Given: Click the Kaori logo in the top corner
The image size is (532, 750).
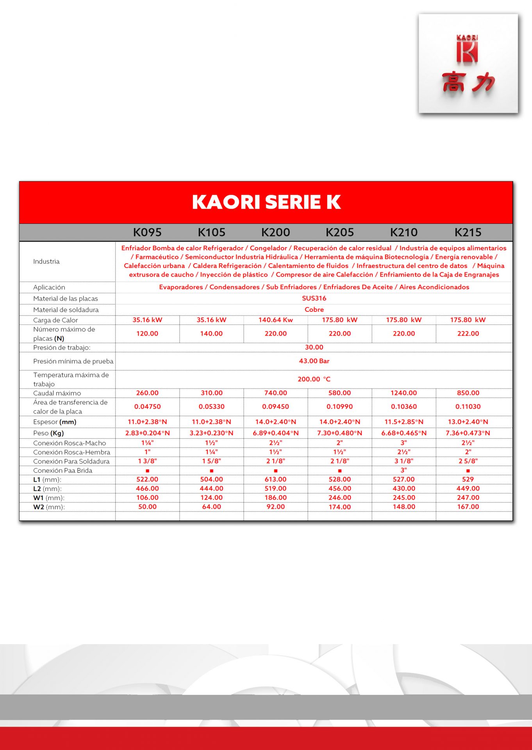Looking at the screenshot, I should [468, 64].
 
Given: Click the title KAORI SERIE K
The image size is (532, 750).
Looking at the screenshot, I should [266, 202].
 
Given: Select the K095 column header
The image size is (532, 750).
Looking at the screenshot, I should [147, 232].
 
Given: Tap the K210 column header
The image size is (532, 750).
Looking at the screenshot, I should [403, 232].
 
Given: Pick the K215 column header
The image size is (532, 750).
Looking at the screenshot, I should [468, 232].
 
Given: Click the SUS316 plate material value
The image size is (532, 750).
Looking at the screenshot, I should [314, 298].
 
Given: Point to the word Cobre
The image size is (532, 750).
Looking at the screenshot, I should [314, 309].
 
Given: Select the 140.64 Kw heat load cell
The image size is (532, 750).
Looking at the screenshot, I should [275, 320].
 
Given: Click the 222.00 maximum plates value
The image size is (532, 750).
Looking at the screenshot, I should [468, 334].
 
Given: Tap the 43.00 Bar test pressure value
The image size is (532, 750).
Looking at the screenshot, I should [314, 361].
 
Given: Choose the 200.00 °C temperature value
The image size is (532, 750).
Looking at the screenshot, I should [314, 379].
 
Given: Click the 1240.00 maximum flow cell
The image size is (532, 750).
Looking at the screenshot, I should [403, 393].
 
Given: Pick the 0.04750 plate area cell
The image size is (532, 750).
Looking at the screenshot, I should [147, 407].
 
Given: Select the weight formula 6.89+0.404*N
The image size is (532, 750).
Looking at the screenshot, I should [275, 433].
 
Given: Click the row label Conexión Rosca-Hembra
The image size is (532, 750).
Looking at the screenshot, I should [71, 452].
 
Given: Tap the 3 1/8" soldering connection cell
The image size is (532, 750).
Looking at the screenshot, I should [403, 461].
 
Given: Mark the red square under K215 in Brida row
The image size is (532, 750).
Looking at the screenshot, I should [468, 471].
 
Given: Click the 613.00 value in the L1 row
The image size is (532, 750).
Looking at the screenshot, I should [275, 479].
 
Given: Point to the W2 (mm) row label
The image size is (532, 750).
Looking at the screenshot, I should [49, 507].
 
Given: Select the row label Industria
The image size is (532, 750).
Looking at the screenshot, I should [46, 261].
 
